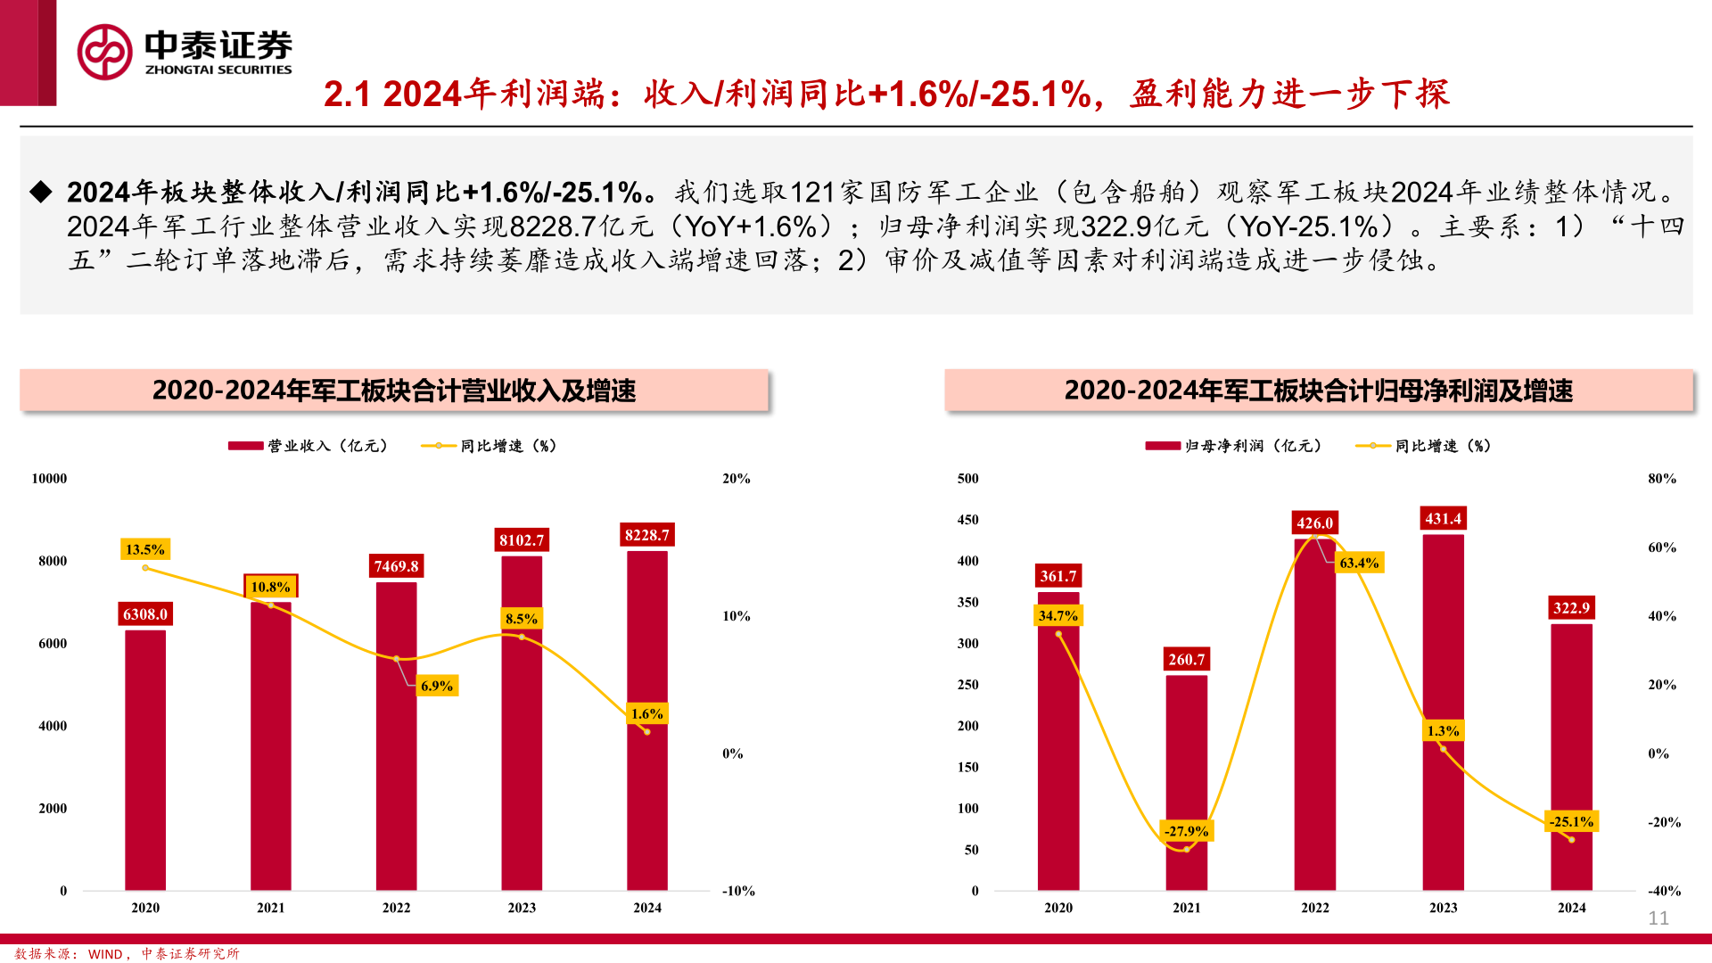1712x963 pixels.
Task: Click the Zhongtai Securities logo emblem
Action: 105,52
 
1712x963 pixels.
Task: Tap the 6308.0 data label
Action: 145,614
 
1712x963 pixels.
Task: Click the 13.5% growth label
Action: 144,549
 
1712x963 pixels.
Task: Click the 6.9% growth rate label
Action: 437,686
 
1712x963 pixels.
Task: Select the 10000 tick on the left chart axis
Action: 49,479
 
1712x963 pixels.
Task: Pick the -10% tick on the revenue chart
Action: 738,891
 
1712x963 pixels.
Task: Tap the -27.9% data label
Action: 1186,831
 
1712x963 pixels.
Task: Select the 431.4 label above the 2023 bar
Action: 1443,519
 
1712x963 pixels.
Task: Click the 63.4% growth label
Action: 1359,563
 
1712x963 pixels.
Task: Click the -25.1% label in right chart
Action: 1571,821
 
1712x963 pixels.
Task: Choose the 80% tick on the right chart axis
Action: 1662,479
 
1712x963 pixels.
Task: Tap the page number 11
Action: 1658,918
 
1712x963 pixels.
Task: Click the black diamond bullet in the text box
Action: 41,192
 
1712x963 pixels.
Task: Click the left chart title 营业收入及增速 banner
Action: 394,391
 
